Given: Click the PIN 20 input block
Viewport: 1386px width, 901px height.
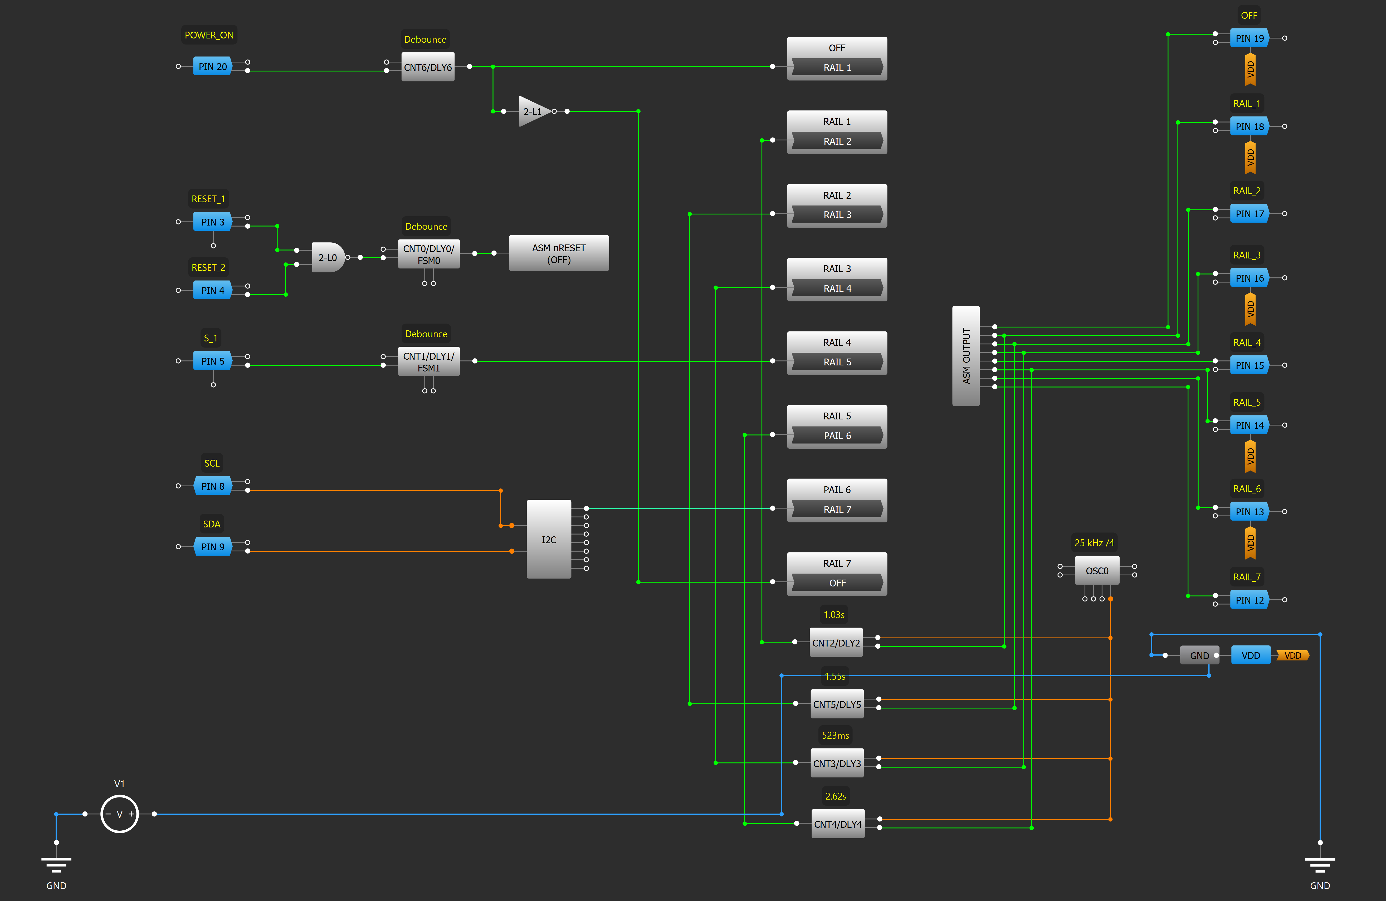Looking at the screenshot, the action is pos(213,66).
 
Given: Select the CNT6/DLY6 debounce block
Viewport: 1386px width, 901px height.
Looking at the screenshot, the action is pos(428,67).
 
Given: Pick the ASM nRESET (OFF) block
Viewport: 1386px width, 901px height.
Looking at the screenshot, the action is pos(559,253).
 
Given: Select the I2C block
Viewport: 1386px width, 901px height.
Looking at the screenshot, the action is pos(549,539).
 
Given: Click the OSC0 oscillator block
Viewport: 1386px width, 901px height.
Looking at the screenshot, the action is pos(1097,571).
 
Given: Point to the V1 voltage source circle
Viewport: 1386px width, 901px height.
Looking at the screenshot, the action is pos(119,814).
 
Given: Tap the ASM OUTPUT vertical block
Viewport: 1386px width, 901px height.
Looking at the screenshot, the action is pos(966,356).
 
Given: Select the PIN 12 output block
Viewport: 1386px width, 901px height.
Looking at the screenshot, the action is pos(1250,600).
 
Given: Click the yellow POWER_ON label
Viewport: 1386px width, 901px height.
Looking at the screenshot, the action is pos(209,35).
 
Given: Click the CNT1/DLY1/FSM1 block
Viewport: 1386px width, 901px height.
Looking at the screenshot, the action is pos(429,362).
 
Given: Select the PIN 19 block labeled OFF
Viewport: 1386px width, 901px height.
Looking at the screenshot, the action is pos(1250,38).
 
